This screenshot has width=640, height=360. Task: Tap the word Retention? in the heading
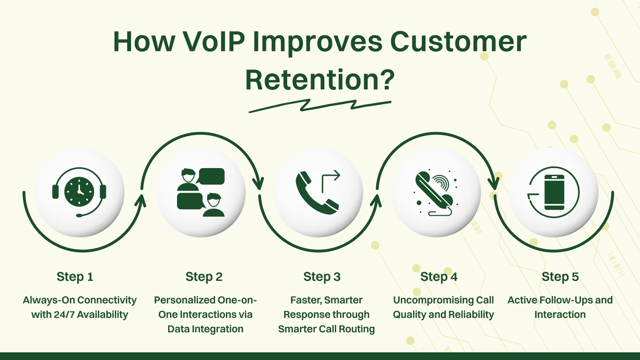tap(320, 80)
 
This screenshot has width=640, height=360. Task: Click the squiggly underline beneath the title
tap(320, 106)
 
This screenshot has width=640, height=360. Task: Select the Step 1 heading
tap(75, 277)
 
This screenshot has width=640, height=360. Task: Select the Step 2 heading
tap(204, 277)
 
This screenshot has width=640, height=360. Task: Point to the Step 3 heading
tap(322, 277)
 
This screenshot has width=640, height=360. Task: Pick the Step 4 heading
tap(439, 277)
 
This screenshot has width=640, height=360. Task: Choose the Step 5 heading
tap(560, 277)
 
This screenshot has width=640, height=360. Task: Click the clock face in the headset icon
tap(79, 192)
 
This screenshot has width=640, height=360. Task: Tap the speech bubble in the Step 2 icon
tap(211, 176)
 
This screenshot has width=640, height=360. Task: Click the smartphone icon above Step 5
tap(554, 192)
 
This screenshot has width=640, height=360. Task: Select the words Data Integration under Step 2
tap(205, 329)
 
